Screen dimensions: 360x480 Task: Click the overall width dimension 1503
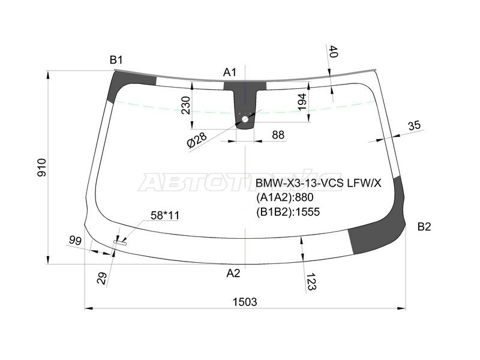pyautogui.click(x=245, y=302)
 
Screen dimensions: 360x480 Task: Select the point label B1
pyautogui.click(x=116, y=59)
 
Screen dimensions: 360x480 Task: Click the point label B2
pyautogui.click(x=424, y=226)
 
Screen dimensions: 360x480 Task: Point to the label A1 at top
pyautogui.click(x=230, y=73)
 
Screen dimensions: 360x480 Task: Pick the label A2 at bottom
pyautogui.click(x=233, y=273)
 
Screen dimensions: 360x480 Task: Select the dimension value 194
pyautogui.click(x=302, y=102)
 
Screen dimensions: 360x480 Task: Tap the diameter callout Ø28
pyautogui.click(x=196, y=140)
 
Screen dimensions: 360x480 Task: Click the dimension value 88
pyautogui.click(x=278, y=135)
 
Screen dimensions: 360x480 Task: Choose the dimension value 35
pyautogui.click(x=414, y=125)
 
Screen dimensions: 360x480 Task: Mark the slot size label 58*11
pyautogui.click(x=164, y=215)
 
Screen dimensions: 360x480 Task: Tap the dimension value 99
pyautogui.click(x=75, y=241)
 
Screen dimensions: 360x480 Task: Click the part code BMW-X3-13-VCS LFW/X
pyautogui.click(x=318, y=183)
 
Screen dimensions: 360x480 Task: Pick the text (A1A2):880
pyautogui.click(x=285, y=197)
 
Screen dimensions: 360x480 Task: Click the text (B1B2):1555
pyautogui.click(x=288, y=211)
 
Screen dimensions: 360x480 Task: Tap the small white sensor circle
pyautogui.click(x=245, y=119)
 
